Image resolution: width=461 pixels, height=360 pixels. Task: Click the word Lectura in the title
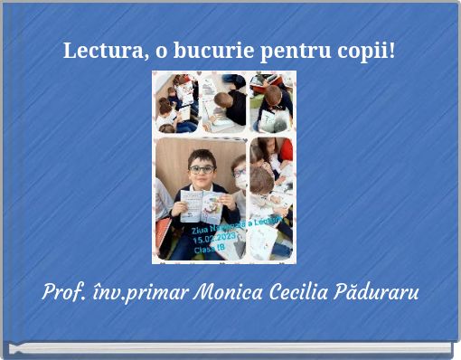[x=100, y=51]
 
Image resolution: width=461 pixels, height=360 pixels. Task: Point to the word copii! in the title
[x=361, y=52]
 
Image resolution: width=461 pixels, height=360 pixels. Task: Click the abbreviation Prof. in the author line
[x=62, y=294]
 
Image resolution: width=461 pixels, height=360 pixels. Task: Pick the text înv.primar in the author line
[x=136, y=294]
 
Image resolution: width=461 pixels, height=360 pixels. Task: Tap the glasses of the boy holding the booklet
[x=202, y=169]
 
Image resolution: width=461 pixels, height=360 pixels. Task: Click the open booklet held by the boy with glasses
[x=201, y=205]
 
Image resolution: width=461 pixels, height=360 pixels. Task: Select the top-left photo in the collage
[x=176, y=102]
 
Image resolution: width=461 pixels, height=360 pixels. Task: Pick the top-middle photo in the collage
[x=222, y=102]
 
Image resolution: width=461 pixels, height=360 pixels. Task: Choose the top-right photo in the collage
[x=271, y=102]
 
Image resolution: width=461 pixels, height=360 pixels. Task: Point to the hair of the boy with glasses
[x=202, y=156]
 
